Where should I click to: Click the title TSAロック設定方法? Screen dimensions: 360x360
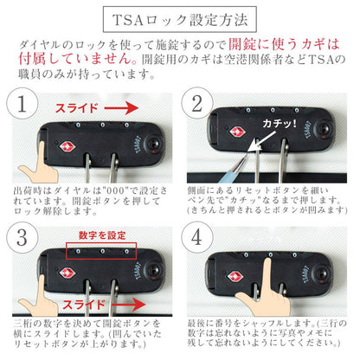[179, 17]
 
